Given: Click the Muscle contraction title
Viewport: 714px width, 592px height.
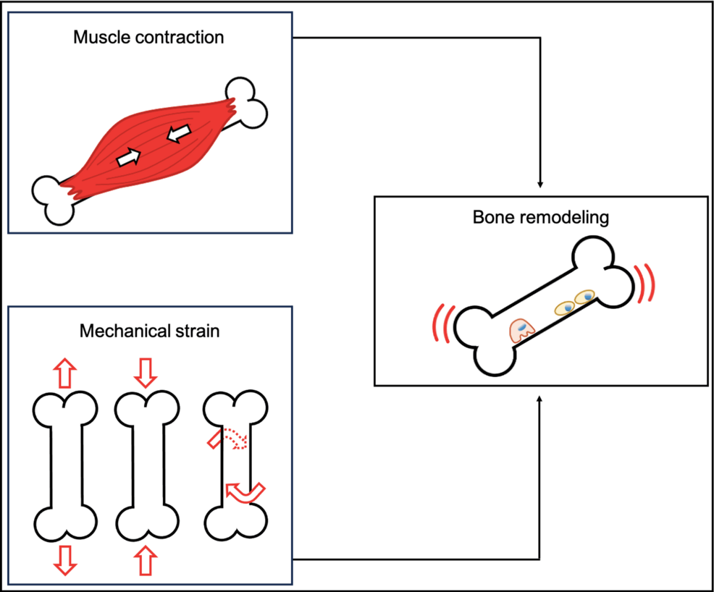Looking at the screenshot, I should click(148, 37).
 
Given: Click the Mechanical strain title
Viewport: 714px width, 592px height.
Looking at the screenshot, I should click(149, 332).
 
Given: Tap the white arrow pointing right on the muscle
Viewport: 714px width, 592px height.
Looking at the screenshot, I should click(128, 157).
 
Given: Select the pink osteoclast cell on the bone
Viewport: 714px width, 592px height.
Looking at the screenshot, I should click(521, 331).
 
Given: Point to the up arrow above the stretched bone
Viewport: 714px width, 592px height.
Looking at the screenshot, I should click(64, 372).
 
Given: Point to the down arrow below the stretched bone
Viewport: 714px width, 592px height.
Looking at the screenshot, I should click(64, 559).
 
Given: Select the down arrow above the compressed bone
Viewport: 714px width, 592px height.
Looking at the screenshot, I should click(146, 372).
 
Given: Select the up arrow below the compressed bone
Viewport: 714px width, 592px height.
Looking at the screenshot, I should click(146, 559).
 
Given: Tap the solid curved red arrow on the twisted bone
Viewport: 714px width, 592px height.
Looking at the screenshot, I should click(245, 492).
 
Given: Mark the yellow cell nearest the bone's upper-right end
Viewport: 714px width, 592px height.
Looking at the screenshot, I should click(584, 296).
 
